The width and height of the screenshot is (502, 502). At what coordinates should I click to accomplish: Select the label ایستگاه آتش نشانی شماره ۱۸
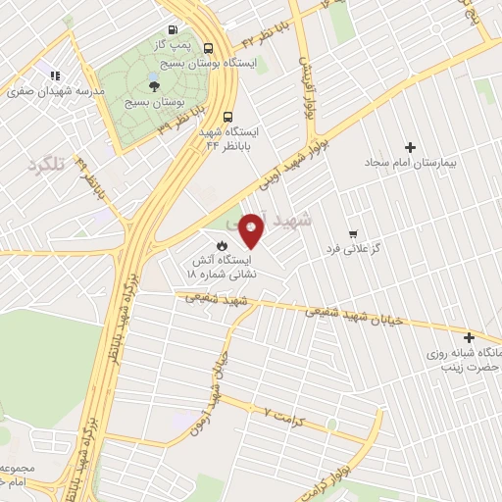click(223, 268)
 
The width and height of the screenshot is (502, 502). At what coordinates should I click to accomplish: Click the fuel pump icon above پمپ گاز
click(174, 30)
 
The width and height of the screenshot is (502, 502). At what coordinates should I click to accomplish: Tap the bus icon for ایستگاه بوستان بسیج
click(209, 47)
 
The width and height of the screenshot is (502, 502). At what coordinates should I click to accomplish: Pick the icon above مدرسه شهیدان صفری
click(55, 74)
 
